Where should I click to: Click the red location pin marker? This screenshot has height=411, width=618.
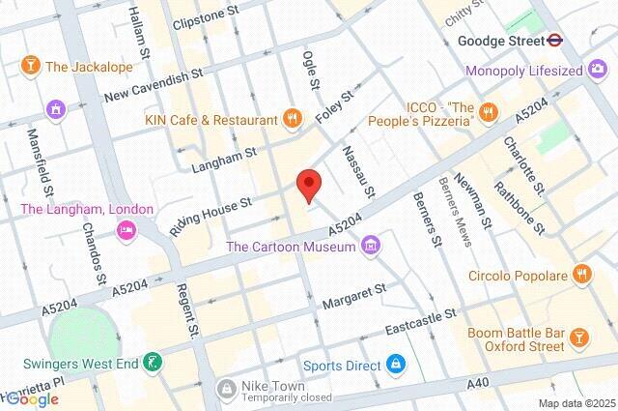pyautogui.click(x=308, y=184)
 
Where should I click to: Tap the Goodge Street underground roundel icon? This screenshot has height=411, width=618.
pyautogui.click(x=554, y=42)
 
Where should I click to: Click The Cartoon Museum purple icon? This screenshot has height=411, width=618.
pyautogui.click(x=370, y=248)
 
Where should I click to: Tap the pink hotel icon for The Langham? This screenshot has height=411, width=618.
pyautogui.click(x=125, y=230)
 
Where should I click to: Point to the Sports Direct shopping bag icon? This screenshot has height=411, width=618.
pyautogui.click(x=394, y=365)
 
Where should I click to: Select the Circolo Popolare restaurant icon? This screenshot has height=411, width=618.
pyautogui.click(x=580, y=274)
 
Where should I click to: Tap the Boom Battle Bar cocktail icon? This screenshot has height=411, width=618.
pyautogui.click(x=578, y=337)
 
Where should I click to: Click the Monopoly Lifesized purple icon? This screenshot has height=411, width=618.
pyautogui.click(x=597, y=71)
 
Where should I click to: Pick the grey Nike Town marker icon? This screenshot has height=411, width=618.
pyautogui.click(x=226, y=389)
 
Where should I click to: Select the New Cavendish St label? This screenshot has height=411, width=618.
pyautogui.click(x=154, y=85)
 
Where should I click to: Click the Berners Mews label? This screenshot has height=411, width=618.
pyautogui.click(x=455, y=211)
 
